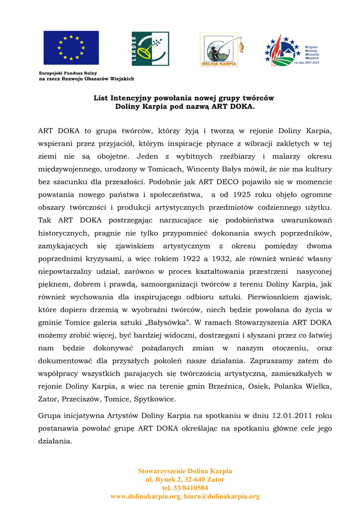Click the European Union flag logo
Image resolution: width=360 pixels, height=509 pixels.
click(71, 48)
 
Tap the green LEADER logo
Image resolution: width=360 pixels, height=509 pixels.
click(150, 49)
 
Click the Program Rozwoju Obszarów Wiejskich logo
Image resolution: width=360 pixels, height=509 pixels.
click(292, 51)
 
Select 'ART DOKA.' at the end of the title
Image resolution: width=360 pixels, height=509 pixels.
click(233, 106)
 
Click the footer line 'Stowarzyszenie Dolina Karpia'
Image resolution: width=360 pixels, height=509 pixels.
click(185, 471)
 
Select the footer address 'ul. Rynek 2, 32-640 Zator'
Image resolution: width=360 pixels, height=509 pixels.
click(185, 480)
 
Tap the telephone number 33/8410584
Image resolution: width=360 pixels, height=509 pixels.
click(185, 488)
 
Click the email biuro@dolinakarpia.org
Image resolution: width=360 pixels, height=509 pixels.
click(222, 497)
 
